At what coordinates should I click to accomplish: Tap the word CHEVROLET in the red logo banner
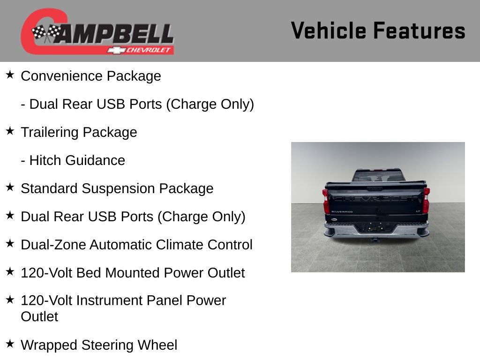tap(150, 50)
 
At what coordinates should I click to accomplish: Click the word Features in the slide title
tap(419, 31)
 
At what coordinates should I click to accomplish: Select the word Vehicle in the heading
tap(329, 31)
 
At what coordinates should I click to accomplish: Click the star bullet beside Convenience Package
tap(10, 75)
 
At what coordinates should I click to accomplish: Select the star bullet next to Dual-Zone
tap(10, 243)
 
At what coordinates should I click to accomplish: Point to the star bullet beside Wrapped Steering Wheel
tap(10, 344)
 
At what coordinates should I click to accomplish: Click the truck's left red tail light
tap(326, 201)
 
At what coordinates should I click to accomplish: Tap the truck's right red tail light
tap(426, 200)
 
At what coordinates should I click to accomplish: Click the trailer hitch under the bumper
tap(375, 240)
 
